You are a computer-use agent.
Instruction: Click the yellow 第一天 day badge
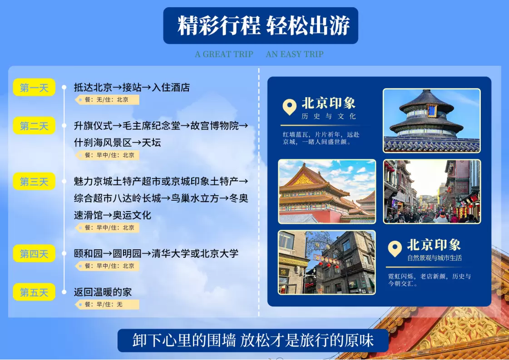coord(34,87)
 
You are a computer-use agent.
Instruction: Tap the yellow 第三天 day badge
coord(34,181)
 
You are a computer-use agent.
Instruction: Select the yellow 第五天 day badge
coord(34,292)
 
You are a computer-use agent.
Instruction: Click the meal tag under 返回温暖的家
coord(107,305)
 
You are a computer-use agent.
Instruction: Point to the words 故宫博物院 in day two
coord(214,126)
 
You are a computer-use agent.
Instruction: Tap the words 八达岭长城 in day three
coord(137,198)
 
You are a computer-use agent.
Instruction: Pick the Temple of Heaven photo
coord(432,120)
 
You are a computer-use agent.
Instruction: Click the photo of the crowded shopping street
coord(432,191)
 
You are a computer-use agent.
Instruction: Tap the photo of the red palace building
coord(327,191)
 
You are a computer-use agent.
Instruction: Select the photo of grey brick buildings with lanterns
coord(327,262)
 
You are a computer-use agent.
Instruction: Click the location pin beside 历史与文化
coord(290,107)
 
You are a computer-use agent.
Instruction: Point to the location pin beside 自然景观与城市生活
coord(395,249)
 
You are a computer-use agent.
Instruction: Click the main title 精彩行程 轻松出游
coord(264,25)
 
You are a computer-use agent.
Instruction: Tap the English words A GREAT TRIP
coord(224,54)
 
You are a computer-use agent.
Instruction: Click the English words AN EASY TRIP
coord(295,54)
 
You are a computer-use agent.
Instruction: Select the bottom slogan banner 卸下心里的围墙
coord(253,340)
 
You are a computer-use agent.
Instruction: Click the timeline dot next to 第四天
coord(64,253)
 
